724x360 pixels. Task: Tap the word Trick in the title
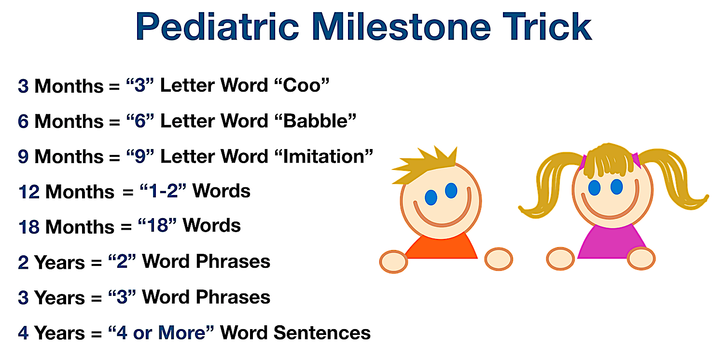pos(547,26)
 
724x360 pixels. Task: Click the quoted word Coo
pos(302,85)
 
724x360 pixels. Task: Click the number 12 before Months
pos(29,192)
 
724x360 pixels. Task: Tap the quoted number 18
pos(157,225)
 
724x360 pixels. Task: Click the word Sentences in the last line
pos(322,333)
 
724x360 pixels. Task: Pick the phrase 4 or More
pos(161,333)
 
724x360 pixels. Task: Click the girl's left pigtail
pos(546,184)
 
